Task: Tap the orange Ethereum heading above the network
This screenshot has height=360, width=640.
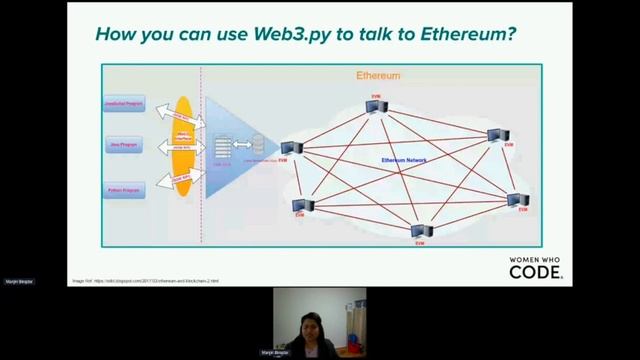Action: pos(378,75)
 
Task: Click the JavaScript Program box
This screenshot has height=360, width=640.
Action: pos(124,104)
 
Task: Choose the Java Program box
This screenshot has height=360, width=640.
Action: pos(124,146)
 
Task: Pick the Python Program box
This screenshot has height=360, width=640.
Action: pos(124,189)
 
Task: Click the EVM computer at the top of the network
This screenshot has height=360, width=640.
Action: pos(376,106)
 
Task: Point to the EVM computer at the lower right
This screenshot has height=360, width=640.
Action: pos(517,201)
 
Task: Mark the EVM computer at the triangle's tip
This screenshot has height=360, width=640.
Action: pos(291,148)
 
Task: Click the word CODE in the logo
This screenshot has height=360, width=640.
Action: pos(535,272)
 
